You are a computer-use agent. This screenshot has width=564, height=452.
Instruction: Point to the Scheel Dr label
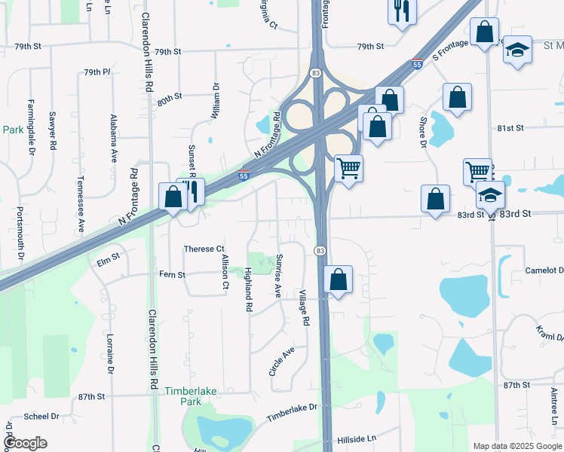coord(41,416)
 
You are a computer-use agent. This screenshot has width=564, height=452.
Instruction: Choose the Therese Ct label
coord(204,249)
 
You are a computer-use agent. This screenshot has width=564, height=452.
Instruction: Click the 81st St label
coord(510,128)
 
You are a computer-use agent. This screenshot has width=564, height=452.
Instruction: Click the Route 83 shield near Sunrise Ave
coord(320,250)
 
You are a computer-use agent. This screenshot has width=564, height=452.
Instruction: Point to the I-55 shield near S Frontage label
coord(417,66)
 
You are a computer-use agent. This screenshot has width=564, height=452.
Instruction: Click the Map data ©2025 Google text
coord(516,446)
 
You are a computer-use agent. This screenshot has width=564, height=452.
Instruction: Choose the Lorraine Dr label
coord(110,354)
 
